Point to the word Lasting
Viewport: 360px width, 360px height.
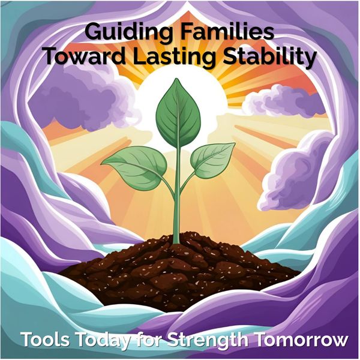(174, 58)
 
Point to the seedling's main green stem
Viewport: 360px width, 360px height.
(176, 195)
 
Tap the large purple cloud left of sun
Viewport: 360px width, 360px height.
(80, 101)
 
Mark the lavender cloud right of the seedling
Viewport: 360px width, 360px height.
(296, 175)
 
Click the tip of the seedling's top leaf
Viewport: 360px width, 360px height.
(176, 79)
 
